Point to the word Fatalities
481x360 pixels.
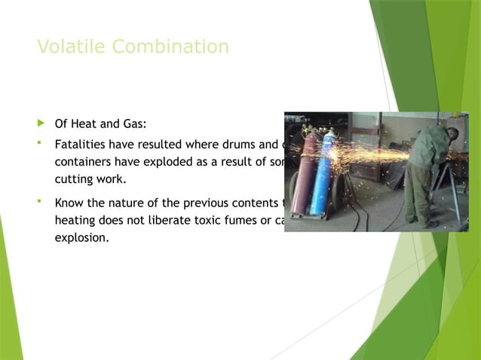coord(81,144)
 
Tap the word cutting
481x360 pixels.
coord(75,180)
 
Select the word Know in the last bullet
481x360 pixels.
coord(69,203)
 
